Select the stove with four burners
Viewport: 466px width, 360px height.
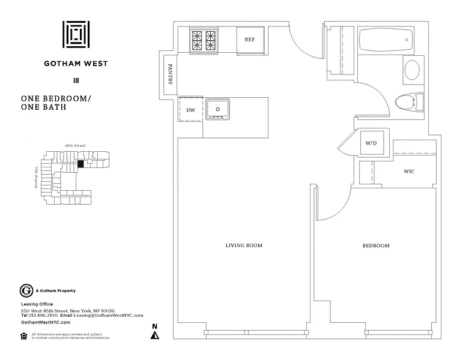(204, 40)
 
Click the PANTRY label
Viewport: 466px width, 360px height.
(171, 74)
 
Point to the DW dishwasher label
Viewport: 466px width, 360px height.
(190, 110)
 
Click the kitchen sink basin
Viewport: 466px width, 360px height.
(218, 109)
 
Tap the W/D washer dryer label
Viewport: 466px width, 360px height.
(371, 144)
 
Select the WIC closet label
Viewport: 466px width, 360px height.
(409, 172)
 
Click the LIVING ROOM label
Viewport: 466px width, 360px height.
(244, 245)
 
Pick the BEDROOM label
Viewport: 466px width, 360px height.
(376, 246)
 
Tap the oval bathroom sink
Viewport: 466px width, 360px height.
(412, 71)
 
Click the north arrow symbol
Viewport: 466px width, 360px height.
(155, 332)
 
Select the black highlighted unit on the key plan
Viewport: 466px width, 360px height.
(80, 162)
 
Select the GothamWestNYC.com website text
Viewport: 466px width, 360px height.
(46, 322)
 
